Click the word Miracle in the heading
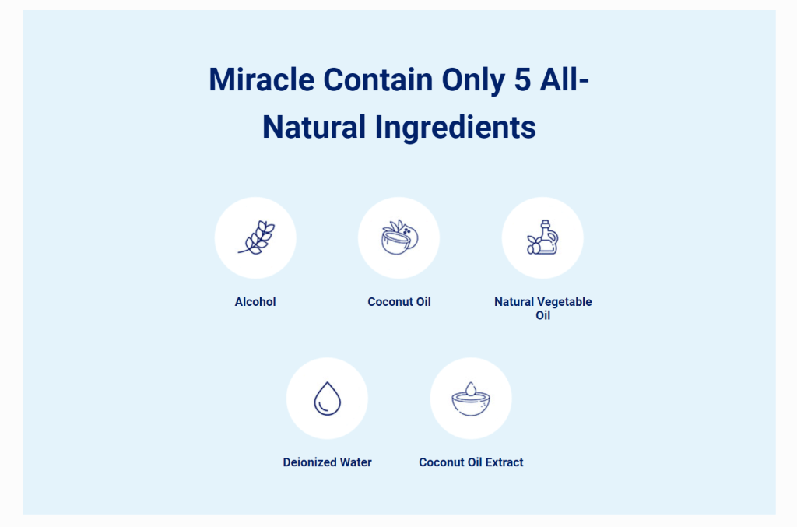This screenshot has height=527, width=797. (262, 79)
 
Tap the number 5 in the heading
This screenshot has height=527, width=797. (522, 79)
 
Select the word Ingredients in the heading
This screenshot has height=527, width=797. (455, 128)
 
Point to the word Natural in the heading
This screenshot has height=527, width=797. (314, 127)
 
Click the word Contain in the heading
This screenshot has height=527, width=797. (378, 79)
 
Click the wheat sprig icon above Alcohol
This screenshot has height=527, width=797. (256, 237)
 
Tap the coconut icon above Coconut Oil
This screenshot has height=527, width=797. (399, 237)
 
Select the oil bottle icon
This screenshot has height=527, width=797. (542, 237)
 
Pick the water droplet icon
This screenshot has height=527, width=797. (328, 399)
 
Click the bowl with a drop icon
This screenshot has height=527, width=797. (471, 399)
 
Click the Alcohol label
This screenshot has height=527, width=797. (255, 302)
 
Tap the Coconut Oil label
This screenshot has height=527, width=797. (399, 302)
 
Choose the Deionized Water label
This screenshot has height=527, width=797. (328, 462)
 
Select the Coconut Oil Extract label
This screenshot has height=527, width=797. (471, 462)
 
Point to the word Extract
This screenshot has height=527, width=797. (504, 462)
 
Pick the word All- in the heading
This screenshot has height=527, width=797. (564, 79)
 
